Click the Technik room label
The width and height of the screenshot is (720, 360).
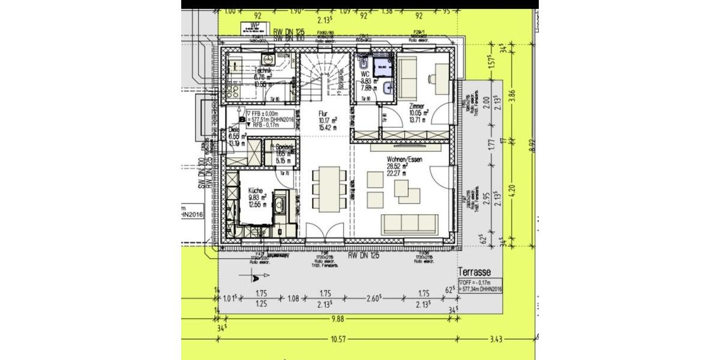tap(264, 71)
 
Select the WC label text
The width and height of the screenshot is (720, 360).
tap(364, 74)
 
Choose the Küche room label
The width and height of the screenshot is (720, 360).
tap(256, 190)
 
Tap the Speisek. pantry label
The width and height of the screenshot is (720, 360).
tap(284, 147)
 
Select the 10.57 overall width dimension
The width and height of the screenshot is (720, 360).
tap(337, 340)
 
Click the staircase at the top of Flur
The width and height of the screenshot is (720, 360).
tap(324, 75)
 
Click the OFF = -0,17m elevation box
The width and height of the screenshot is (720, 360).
tap(480, 286)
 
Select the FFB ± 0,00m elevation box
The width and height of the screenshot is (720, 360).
tap(268, 117)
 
